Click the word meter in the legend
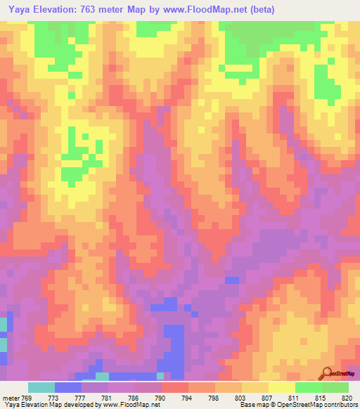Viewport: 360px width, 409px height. pos(11,397)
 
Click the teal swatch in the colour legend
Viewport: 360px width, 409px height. pos(41,387)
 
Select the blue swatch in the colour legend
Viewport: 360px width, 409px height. pos(68,387)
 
